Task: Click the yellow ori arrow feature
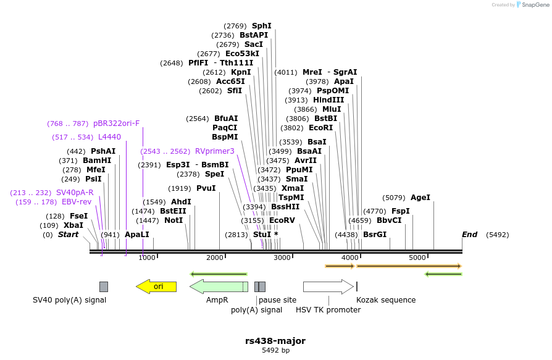coord(157,287)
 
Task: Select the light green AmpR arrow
coord(218,287)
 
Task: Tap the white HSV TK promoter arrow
coord(328,287)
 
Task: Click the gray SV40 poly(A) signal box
coord(104,287)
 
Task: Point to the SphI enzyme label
coord(261,26)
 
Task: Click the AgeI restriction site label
coord(420,198)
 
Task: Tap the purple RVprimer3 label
coord(215,151)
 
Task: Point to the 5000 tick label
coord(417,257)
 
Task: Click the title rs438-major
coord(275,341)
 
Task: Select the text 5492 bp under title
coord(275,351)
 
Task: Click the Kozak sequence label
coord(386,300)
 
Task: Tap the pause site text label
coord(277,300)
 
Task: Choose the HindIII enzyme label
coord(328,100)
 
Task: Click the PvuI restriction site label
coord(206,188)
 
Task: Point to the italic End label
coord(469,235)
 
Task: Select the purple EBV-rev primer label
coord(77,202)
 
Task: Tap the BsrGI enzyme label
coord(375,235)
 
